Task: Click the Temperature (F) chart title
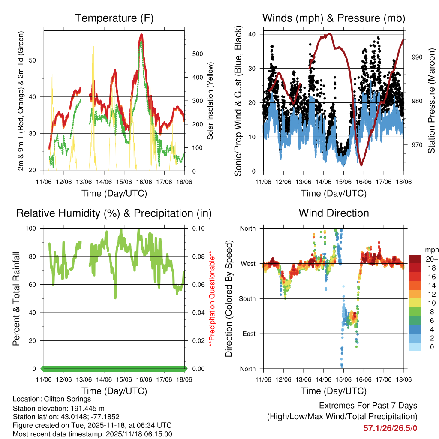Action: tap(114, 18)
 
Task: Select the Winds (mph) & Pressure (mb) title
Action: tap(334, 18)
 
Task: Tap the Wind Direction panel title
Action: tap(334, 213)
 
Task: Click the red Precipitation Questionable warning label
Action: tap(210, 298)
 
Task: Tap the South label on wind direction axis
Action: tap(247, 298)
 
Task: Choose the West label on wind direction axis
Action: tap(249, 264)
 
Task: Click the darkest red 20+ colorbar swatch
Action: tap(415, 259)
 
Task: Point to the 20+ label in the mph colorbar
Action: tap(431, 259)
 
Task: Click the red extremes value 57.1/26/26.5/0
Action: tap(390, 427)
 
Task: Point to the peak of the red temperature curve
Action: tap(141, 35)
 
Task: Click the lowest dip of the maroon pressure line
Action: tap(361, 165)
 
